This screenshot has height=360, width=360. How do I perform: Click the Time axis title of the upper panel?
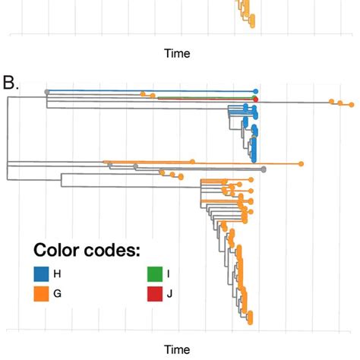(177, 54)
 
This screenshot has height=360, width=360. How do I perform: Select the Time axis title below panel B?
(177, 349)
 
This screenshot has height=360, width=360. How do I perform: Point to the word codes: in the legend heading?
(113, 251)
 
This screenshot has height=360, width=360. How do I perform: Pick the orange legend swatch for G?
(41, 293)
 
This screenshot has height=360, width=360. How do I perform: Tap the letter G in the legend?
(57, 293)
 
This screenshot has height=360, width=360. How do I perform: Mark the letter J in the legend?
(170, 293)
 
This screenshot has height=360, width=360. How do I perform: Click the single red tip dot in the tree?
(256, 99)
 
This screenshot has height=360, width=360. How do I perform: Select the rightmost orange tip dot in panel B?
(352, 103)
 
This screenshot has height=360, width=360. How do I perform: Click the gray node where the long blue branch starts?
(47, 92)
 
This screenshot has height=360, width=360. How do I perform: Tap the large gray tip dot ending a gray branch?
(263, 169)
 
